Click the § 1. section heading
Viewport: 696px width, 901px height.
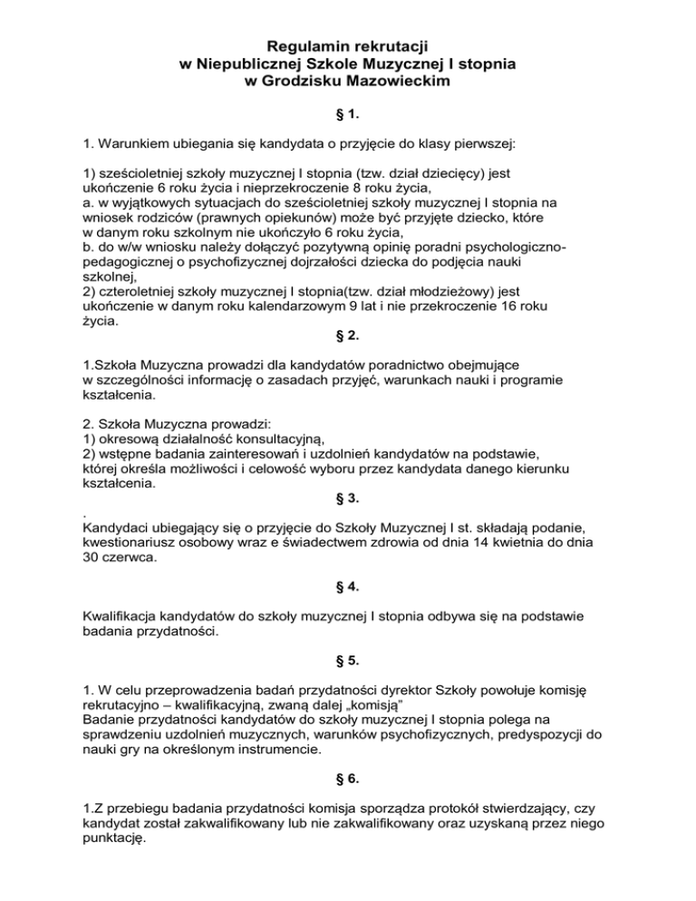pyautogui.click(x=348, y=116)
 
